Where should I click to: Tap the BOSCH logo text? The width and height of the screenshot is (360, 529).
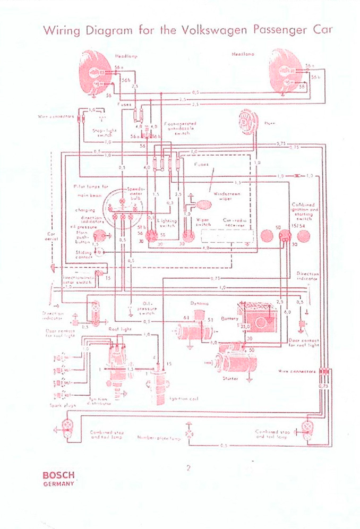[58, 475]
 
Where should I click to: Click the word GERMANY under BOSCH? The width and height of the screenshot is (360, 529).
[58, 484]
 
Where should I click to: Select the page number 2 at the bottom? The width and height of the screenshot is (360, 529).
[188, 468]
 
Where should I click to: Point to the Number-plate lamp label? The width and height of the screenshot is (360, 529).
[159, 439]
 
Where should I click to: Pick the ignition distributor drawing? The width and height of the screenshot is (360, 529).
[115, 364]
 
